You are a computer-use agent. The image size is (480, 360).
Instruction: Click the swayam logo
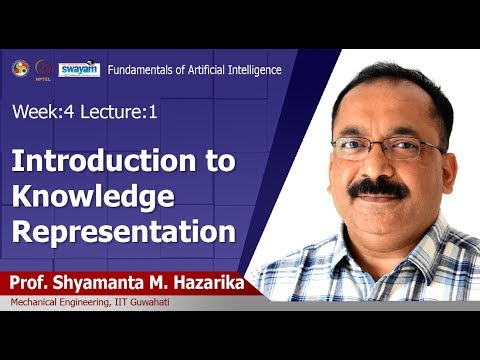[x=78, y=69]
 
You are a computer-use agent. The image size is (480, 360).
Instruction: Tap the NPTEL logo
[x=43, y=69]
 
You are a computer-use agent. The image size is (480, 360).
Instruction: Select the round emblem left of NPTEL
[x=20, y=68]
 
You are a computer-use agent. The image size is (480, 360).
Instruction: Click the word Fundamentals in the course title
[x=138, y=69]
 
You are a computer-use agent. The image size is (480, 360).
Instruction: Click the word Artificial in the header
[x=200, y=69]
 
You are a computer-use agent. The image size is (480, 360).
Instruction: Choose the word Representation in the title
[x=123, y=231]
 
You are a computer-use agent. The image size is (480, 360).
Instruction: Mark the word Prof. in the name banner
[x=32, y=283]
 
